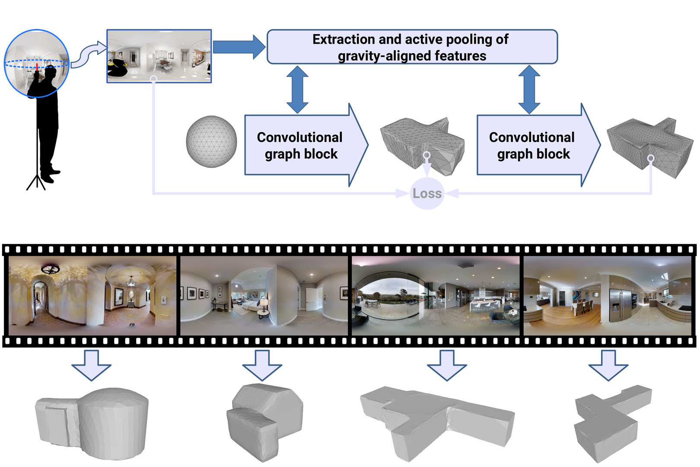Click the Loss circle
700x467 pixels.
pos(427,193)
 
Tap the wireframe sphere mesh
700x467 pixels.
pos(211,141)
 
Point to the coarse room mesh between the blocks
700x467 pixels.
pos(421,143)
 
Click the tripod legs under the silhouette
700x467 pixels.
pos(36,182)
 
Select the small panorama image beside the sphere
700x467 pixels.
pos(159,56)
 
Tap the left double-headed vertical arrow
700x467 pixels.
pos(297,90)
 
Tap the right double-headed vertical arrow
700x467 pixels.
pos(529,90)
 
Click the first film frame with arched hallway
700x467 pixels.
pos(92,295)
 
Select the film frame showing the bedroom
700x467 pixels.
pos(264,295)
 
